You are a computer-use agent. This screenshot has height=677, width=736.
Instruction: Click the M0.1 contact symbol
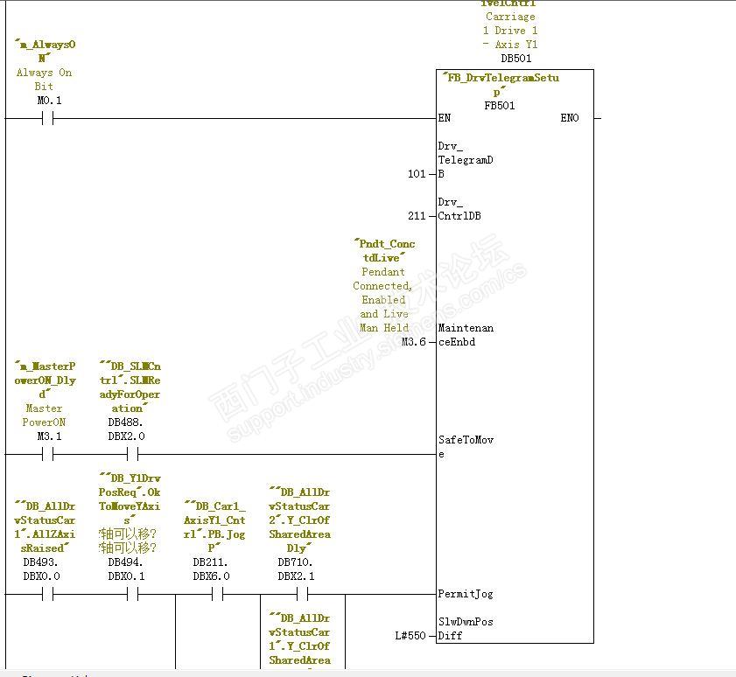click(47, 118)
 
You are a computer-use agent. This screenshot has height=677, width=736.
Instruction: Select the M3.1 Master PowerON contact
click(47, 454)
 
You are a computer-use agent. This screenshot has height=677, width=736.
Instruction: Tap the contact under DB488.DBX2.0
click(132, 454)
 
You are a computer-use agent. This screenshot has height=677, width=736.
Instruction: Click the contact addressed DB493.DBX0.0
click(47, 594)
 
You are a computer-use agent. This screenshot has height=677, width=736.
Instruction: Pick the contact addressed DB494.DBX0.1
click(132, 594)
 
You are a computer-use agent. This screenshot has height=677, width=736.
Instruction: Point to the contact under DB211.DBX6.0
click(217, 594)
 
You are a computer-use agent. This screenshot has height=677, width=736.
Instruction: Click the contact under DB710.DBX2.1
click(302, 594)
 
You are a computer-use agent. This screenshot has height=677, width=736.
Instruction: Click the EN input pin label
click(445, 118)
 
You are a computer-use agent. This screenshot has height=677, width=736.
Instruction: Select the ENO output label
click(570, 118)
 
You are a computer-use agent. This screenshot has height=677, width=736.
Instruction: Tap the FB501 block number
click(500, 105)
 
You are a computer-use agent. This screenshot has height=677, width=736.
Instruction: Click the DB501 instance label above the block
click(515, 59)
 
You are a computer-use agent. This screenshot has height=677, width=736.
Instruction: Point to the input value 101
click(417, 174)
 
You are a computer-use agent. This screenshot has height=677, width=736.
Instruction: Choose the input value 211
click(417, 216)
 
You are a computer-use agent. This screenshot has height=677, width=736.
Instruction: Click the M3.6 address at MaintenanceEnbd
click(414, 342)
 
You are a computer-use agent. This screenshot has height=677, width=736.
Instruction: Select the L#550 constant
click(410, 636)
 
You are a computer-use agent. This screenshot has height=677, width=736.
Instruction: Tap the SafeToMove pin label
click(466, 447)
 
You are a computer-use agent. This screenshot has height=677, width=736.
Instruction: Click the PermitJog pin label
click(466, 594)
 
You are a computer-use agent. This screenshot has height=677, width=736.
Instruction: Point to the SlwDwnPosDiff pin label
click(466, 629)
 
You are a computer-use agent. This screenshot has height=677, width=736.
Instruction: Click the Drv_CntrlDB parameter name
click(459, 209)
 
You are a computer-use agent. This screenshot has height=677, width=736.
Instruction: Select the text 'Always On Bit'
click(44, 80)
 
